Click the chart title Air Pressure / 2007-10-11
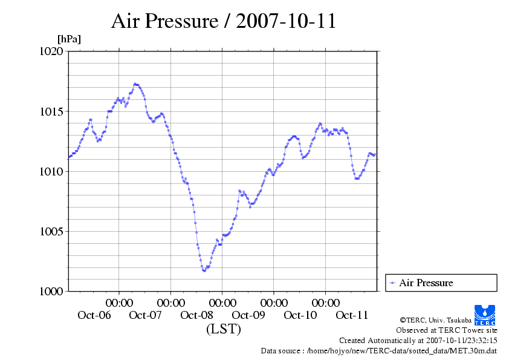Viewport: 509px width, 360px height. click(x=223, y=21)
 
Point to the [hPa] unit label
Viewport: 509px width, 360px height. click(x=69, y=39)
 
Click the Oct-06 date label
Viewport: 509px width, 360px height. click(x=94, y=315)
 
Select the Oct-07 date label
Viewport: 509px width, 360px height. click(x=146, y=315)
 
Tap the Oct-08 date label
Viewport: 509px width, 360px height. click(x=197, y=315)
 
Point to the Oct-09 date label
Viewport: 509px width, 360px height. click(x=248, y=315)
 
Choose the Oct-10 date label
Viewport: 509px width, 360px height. click(x=300, y=315)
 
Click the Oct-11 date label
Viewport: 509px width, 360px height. click(x=352, y=315)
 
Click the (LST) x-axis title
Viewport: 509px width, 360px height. click(x=224, y=329)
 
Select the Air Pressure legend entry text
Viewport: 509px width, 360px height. click(x=426, y=283)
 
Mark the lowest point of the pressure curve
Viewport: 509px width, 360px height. click(x=204, y=270)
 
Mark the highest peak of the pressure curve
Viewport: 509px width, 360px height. click(x=135, y=84)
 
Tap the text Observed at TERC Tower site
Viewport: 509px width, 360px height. click(x=446, y=330)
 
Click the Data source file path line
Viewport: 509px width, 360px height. click(x=378, y=350)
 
